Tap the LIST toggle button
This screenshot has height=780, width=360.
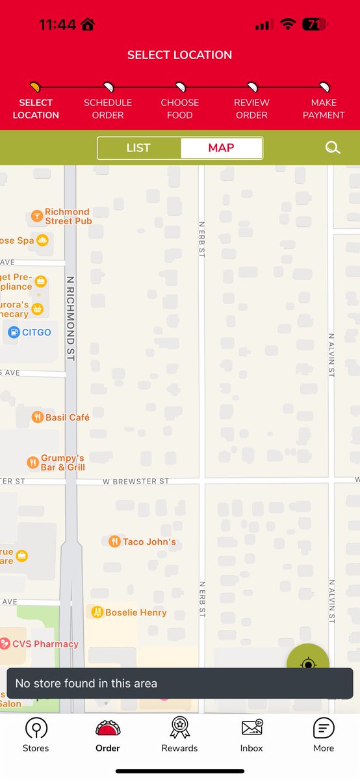[x=138, y=148]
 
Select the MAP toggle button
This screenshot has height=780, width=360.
[x=221, y=148]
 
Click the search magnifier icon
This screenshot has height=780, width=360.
[x=333, y=148]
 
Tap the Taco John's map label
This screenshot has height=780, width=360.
[x=149, y=541]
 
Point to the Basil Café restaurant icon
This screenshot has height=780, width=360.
[x=38, y=417]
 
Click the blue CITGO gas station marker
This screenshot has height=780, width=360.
[x=14, y=332]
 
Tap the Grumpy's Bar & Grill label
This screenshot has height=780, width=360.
[x=62, y=463]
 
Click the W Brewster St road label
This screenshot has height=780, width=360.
[x=136, y=482]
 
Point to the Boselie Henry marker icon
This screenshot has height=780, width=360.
[x=97, y=612]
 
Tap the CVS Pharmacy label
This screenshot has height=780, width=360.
[x=46, y=644]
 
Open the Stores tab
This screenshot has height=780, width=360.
[x=36, y=735]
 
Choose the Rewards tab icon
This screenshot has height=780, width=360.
[x=179, y=727]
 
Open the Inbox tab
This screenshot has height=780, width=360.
[x=251, y=735]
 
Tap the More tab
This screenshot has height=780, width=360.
[x=324, y=735]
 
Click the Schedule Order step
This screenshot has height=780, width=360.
[x=108, y=108]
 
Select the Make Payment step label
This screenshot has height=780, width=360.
[x=324, y=109]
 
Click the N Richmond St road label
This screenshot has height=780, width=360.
[x=70, y=318]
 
